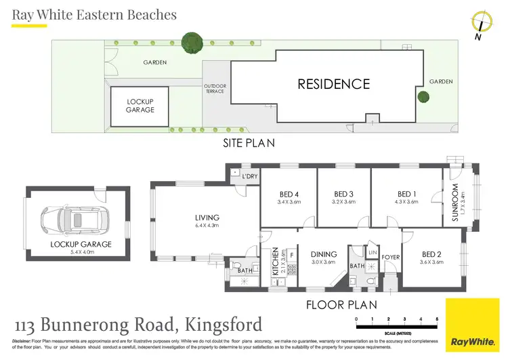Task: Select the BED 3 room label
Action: coord(344,193)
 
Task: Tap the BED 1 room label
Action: coord(406,193)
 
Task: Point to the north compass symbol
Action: coord(482,22)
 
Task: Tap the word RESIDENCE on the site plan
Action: coord(334,84)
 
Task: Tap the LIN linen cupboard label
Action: coord(373,252)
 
